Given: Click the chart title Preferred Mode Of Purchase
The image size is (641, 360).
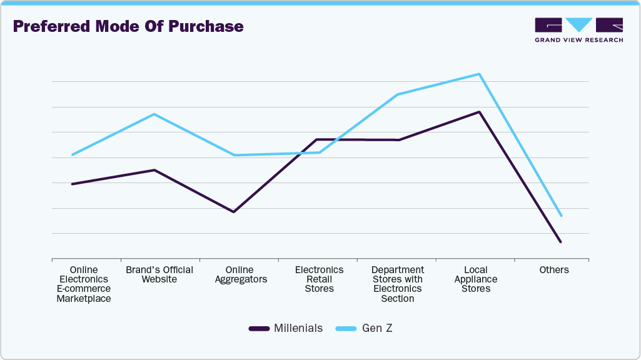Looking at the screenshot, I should (128, 27).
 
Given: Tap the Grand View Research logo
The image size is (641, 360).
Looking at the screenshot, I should (578, 30).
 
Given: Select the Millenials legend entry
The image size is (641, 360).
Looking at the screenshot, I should (286, 328).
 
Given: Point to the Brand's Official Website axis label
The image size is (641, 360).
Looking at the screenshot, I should (159, 274).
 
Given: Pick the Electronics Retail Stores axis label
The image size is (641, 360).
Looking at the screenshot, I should (319, 279).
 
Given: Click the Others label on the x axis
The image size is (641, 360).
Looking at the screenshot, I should (554, 270).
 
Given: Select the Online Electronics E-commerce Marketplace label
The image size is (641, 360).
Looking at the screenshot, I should (84, 284).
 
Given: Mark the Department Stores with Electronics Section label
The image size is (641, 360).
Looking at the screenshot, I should (398, 284).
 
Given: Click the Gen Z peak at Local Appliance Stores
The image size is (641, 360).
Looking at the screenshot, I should (479, 74).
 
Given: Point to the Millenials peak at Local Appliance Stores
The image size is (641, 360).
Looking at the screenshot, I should (479, 112).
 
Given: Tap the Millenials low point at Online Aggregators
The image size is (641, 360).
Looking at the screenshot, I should (234, 212).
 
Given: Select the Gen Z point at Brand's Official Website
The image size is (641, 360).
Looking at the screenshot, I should (154, 114).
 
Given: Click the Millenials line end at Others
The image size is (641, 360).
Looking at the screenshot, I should (561, 242).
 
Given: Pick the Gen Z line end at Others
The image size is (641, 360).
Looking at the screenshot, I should (562, 216).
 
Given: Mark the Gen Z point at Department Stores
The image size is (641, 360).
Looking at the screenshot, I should (398, 94).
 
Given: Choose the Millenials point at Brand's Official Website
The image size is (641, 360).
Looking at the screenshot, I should (154, 170).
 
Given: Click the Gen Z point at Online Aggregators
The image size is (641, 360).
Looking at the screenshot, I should (234, 155).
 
